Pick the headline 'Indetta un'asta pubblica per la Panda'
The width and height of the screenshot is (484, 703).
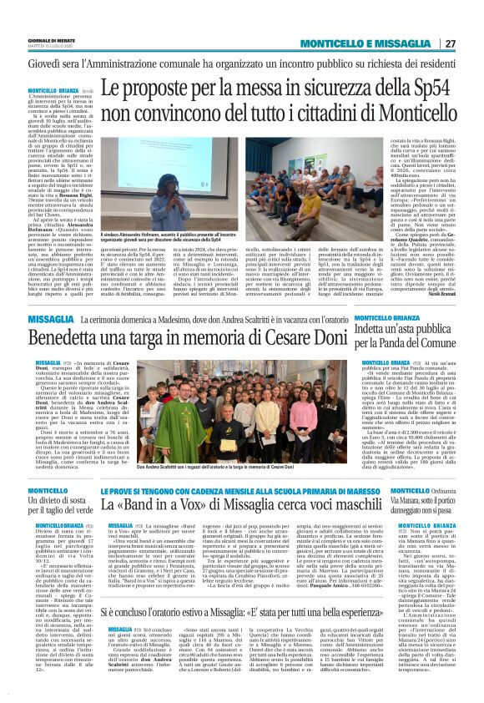click(x=406, y=338)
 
